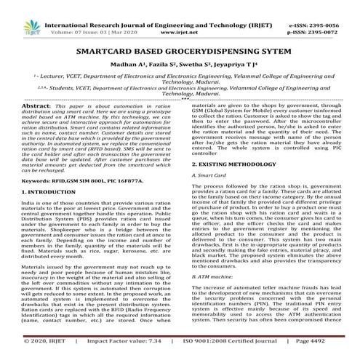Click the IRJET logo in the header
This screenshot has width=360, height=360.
pos(17,12)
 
